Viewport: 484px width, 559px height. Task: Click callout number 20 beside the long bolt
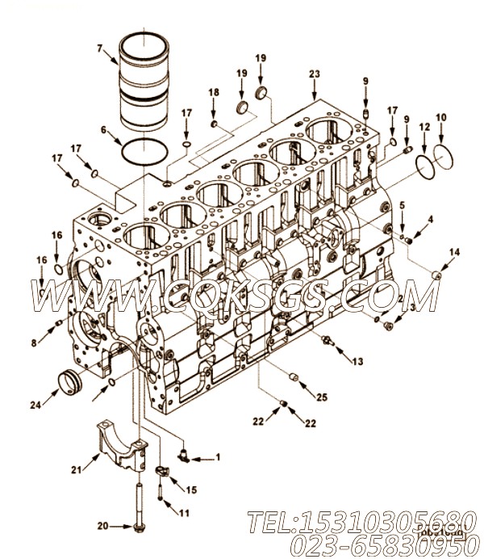[102, 527]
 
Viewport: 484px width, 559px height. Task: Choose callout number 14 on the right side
[455, 253]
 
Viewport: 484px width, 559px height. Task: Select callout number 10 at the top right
[440, 118]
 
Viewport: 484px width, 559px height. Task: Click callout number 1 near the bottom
[217, 458]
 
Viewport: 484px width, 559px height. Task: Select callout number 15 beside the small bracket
[191, 490]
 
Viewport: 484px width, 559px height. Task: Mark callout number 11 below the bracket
[184, 513]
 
